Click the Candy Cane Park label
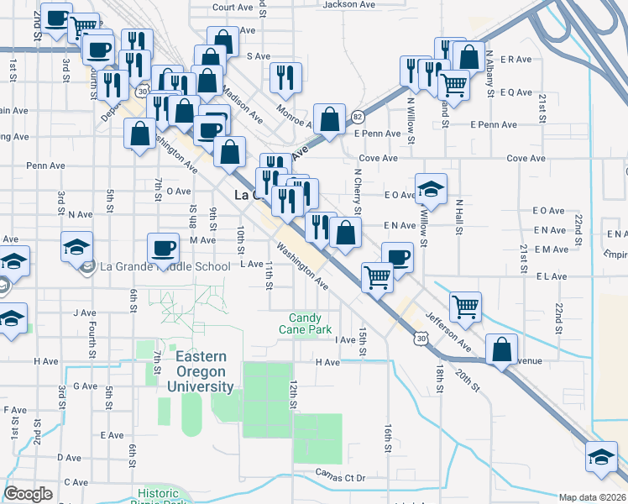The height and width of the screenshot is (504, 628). [x=310, y=323]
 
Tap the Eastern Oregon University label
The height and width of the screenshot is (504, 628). [x=204, y=371]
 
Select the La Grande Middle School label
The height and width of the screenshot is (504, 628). [x=165, y=267]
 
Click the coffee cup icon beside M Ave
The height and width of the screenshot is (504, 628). [x=164, y=249]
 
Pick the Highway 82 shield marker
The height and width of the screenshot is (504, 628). [x=358, y=116]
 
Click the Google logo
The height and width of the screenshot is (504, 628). [x=28, y=494]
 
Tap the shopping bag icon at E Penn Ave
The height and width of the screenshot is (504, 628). [x=330, y=119]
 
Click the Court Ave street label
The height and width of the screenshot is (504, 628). [x=233, y=7]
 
